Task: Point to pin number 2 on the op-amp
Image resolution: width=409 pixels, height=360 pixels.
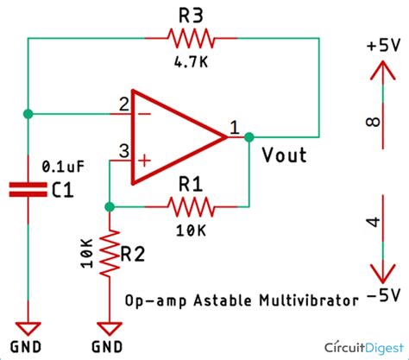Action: [123, 104]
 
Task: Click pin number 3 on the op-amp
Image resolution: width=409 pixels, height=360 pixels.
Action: [123, 152]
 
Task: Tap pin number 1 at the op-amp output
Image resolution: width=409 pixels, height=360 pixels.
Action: [234, 127]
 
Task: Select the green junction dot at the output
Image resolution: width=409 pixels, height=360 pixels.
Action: [249, 136]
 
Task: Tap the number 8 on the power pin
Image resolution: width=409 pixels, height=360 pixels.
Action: [374, 122]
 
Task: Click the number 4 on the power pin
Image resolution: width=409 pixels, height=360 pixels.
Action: [374, 223]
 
